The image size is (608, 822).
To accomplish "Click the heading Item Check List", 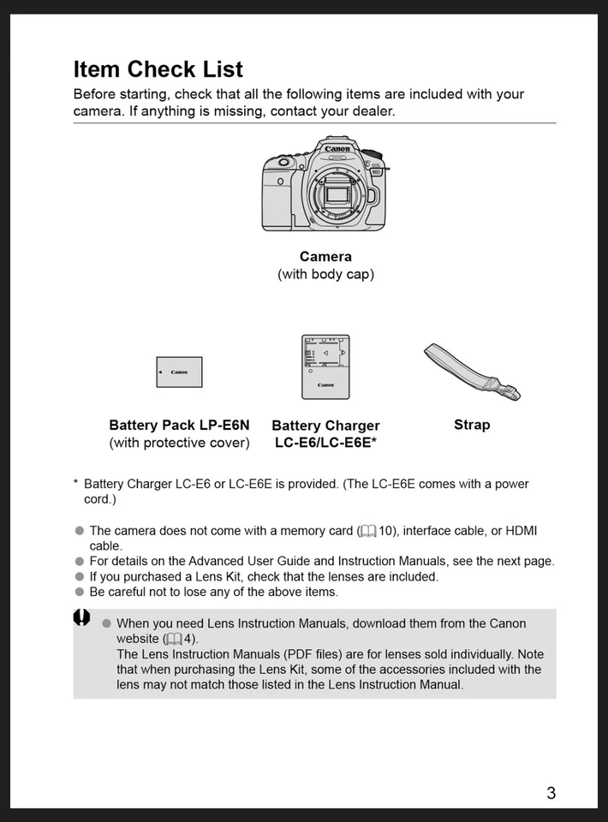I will (x=158, y=69).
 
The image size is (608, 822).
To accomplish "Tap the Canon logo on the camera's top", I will (x=337, y=150).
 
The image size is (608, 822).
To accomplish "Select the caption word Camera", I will (x=325, y=257).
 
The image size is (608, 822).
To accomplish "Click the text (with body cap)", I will (x=325, y=275).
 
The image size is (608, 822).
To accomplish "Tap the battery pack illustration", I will (x=179, y=372).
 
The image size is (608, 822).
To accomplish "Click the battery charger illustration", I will (x=325, y=367).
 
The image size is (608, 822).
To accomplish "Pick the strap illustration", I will (x=471, y=372).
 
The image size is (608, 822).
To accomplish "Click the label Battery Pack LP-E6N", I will (x=179, y=426).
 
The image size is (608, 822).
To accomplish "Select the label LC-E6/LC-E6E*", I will (x=325, y=443).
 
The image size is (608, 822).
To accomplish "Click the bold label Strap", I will (x=472, y=425).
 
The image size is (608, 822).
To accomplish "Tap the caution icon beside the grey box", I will (x=81, y=617).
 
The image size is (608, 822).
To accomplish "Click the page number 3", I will (x=551, y=793).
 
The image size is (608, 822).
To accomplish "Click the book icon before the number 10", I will (x=368, y=532).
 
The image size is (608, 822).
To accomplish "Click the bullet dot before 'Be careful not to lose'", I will (x=80, y=592).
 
